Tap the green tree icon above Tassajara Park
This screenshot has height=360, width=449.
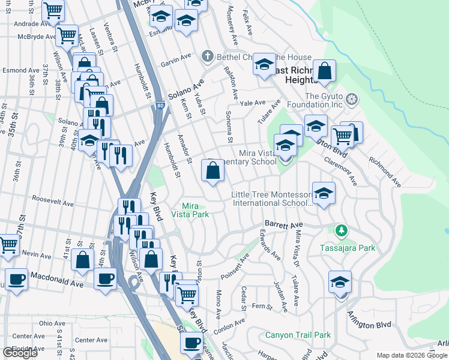point(342,230)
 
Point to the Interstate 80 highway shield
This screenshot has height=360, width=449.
point(158,105)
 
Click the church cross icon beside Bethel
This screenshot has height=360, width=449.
point(208,57)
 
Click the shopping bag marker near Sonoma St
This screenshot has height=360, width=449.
point(214,172)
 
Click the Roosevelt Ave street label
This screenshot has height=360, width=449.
point(52,200)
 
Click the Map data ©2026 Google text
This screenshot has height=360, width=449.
point(412,355)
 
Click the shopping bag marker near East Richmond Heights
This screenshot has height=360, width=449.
point(324,72)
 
